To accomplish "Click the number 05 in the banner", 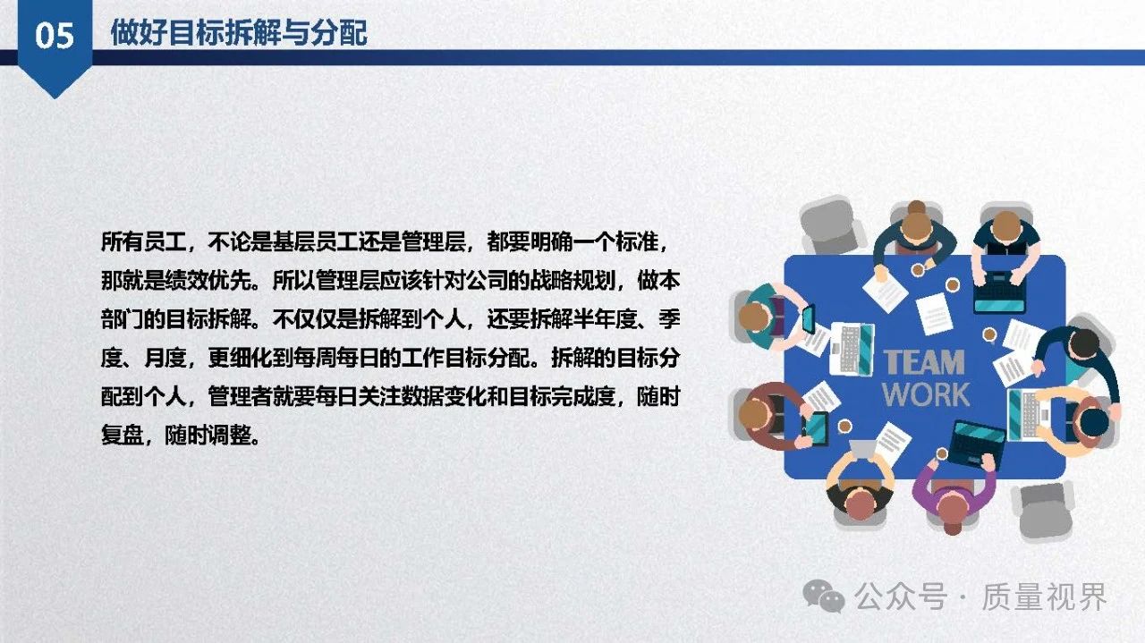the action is pyautogui.click(x=55, y=36).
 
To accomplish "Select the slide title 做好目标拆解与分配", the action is pyautogui.click(x=239, y=33).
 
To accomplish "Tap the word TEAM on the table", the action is pyautogui.click(x=924, y=362).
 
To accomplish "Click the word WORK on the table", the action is pyautogui.click(x=926, y=394).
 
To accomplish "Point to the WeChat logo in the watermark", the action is pyautogui.click(x=824, y=596).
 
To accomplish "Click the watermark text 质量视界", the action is pyautogui.click(x=1044, y=596).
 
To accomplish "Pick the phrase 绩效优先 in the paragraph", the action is pyautogui.click(x=208, y=281).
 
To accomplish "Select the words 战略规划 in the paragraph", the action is pyautogui.click(x=572, y=281).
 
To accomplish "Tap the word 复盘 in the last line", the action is pyautogui.click(x=123, y=436).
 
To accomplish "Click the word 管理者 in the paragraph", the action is pyautogui.click(x=240, y=397).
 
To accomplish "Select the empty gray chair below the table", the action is pyautogui.click(x=1044, y=509).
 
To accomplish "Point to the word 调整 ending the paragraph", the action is pyautogui.click(x=229, y=436).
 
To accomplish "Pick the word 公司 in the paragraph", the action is pyautogui.click(x=487, y=281).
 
